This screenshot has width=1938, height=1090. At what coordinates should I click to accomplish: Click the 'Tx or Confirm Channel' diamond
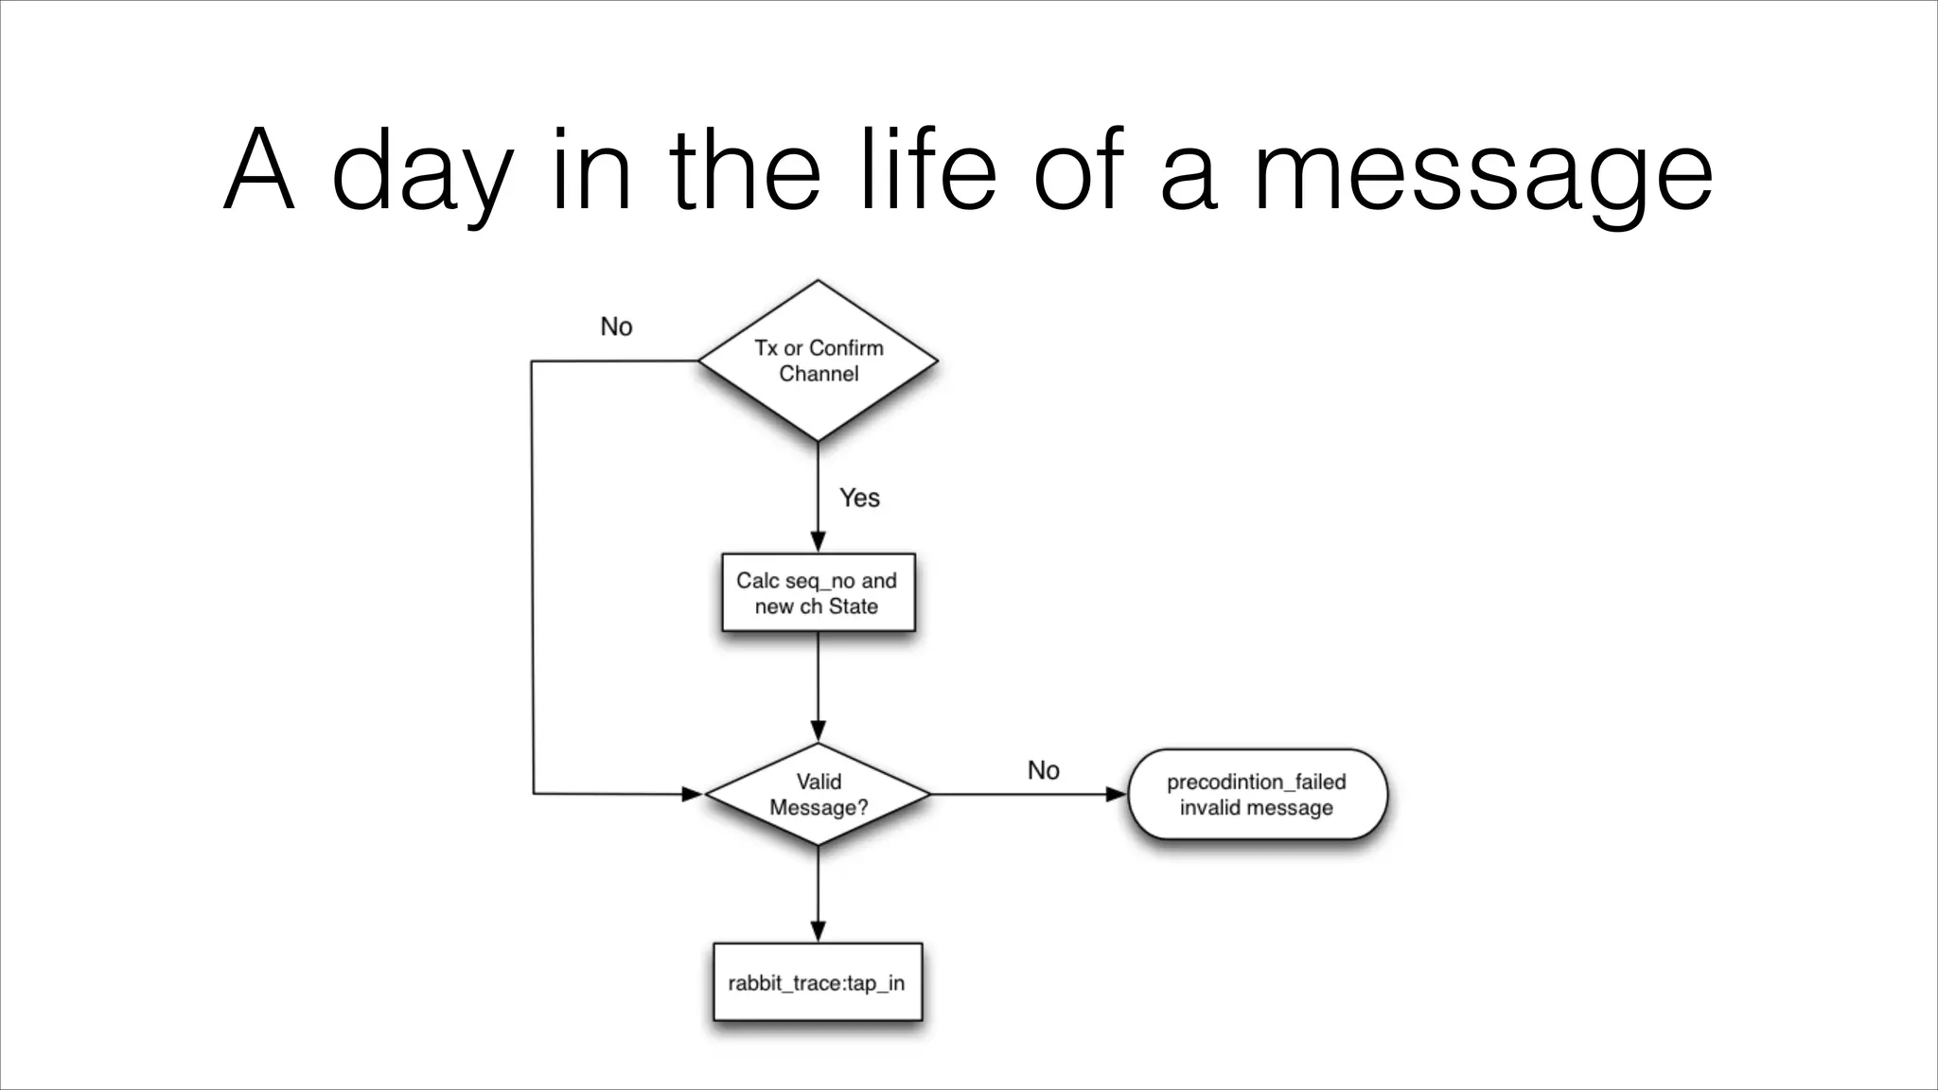(818, 360)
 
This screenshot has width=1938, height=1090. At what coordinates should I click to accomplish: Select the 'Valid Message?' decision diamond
(818, 794)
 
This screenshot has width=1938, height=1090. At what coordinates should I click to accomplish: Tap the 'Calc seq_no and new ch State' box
(818, 593)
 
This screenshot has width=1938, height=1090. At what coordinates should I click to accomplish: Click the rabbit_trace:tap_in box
(817, 982)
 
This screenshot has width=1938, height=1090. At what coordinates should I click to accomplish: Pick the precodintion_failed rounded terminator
(1257, 795)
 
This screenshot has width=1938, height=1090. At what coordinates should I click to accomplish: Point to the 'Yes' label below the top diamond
(859, 498)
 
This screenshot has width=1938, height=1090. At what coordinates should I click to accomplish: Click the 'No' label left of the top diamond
(616, 326)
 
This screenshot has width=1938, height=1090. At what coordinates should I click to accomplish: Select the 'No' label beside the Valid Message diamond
(1043, 770)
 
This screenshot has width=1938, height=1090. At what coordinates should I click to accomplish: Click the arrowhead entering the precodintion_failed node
(1117, 795)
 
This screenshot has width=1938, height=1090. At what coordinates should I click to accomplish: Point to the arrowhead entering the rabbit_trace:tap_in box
(818, 931)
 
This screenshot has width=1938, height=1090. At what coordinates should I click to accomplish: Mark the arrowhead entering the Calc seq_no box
(818, 542)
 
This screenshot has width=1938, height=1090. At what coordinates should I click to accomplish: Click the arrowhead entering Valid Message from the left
(693, 794)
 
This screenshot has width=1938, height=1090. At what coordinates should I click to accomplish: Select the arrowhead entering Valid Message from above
(818, 730)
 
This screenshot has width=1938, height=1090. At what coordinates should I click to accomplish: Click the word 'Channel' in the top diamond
(819, 374)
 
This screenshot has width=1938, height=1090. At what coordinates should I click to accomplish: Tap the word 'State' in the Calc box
(854, 607)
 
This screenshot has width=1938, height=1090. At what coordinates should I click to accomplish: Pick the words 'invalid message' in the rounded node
(1256, 808)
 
